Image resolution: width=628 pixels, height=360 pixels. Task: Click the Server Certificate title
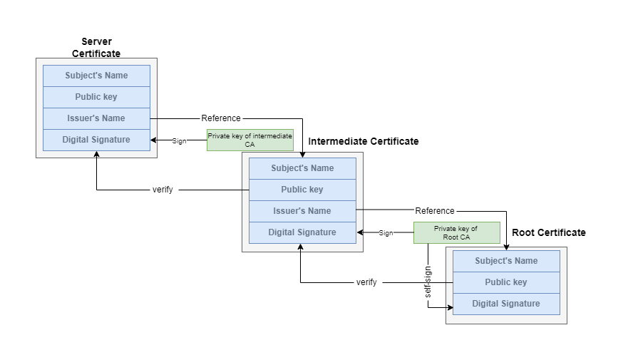point(96,48)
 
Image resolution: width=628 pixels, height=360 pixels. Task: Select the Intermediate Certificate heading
point(364,141)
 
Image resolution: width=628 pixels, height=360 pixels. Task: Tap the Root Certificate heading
point(548,232)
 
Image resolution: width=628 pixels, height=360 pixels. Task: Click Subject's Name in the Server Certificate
point(96,76)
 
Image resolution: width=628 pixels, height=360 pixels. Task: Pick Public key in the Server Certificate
point(96,97)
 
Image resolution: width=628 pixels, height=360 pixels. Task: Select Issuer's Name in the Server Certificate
point(96,118)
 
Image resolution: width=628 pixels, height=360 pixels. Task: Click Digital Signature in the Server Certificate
point(96,140)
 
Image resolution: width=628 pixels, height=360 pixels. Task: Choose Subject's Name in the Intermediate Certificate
point(302,168)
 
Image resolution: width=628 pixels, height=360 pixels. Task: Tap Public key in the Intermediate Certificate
point(302,190)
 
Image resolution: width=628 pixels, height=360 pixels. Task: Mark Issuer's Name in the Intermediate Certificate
point(302,211)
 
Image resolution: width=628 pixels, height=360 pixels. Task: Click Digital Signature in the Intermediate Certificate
point(302,232)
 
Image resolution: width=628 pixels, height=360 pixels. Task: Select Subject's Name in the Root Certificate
point(506,261)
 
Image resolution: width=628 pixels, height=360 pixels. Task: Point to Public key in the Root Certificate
point(506,282)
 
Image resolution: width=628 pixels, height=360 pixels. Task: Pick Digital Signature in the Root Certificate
point(506,304)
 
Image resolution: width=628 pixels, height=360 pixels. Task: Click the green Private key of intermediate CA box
point(249,140)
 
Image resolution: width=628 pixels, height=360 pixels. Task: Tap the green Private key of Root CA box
point(456,232)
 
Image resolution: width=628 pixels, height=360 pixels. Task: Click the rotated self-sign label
point(428,282)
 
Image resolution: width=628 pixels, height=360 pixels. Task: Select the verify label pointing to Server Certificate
point(163,190)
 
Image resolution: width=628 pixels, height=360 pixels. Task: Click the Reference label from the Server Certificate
point(221,118)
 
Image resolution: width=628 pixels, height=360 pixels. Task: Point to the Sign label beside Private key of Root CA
point(386,233)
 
